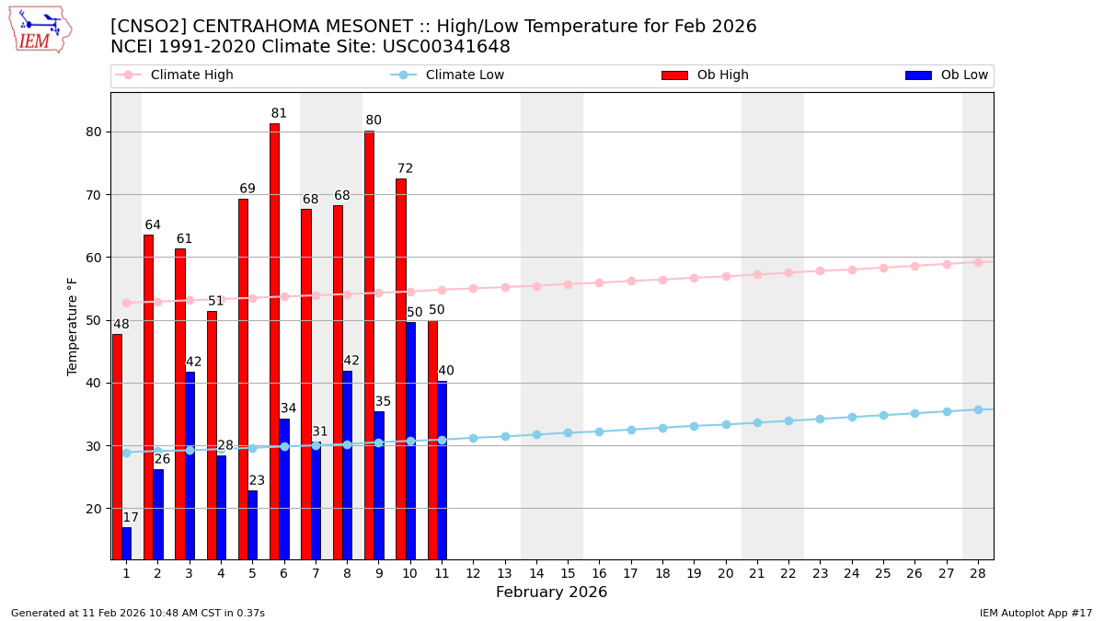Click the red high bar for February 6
click(274, 340)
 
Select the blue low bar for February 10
click(410, 440)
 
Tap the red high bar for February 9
click(369, 345)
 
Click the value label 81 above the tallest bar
click(279, 114)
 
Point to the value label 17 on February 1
click(131, 518)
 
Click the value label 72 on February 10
click(405, 169)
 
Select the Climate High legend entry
click(175, 75)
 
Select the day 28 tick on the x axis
click(977, 573)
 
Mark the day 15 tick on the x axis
click(568, 573)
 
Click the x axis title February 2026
click(551, 592)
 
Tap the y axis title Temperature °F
click(73, 326)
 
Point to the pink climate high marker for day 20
click(726, 276)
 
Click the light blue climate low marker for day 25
click(883, 415)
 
